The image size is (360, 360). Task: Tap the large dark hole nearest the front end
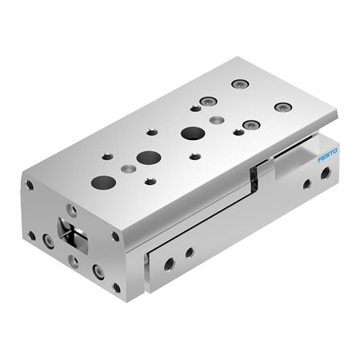(x=103, y=182)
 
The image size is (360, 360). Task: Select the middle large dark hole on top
(x=148, y=157)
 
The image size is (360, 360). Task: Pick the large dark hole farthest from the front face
(x=192, y=133)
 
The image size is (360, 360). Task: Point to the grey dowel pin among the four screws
(x=216, y=120)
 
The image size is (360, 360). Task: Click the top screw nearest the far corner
(x=239, y=84)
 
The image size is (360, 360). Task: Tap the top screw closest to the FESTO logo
(x=282, y=107)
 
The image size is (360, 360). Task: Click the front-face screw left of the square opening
(x=49, y=240)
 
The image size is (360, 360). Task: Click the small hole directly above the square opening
(x=72, y=210)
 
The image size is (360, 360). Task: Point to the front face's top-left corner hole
(x=30, y=185)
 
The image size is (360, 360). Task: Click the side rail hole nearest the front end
(x=170, y=262)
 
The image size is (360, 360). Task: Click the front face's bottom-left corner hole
(x=32, y=236)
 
